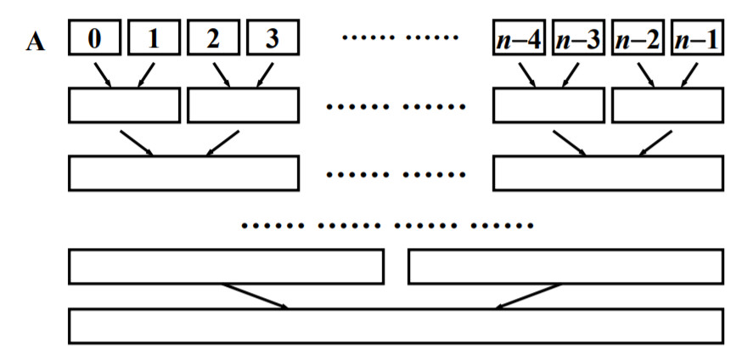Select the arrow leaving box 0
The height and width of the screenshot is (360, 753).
pyautogui.click(x=104, y=73)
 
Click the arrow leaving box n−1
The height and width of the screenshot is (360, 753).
pyautogui.click(x=688, y=73)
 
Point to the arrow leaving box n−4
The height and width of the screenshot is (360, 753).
pyautogui.click(x=528, y=73)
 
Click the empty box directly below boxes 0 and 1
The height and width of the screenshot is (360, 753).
pyautogui.click(x=124, y=105)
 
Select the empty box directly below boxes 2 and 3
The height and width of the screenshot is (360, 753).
pyautogui.click(x=243, y=105)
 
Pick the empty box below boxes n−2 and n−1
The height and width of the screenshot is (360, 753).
pyautogui.click(x=667, y=105)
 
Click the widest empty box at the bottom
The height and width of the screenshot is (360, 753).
pyautogui.click(x=396, y=326)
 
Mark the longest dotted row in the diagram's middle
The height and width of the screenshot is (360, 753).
pyautogui.click(x=387, y=227)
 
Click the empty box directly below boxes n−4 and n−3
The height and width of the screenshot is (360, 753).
pyautogui.click(x=548, y=105)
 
